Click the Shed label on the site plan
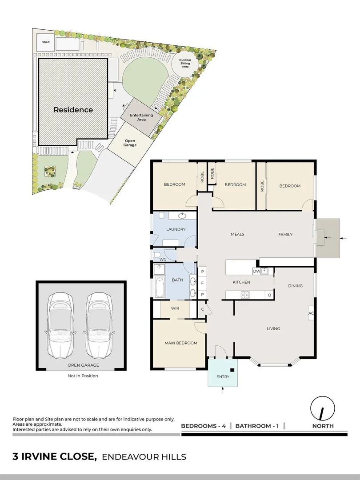pyautogui.click(x=46, y=42)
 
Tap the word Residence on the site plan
pyautogui.click(x=73, y=110)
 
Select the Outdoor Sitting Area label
pyautogui.click(x=185, y=64)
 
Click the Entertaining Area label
pyautogui.click(x=141, y=117)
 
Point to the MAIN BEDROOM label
pyautogui.click(x=180, y=343)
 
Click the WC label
pyautogui.click(x=163, y=259)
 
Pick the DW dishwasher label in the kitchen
pyautogui.click(x=256, y=271)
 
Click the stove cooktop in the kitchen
pyautogui.click(x=245, y=294)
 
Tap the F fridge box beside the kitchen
pyautogui.click(x=203, y=283)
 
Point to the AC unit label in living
pyautogui.click(x=311, y=313)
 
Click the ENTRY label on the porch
pyautogui.click(x=222, y=376)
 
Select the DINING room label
pyautogui.click(x=295, y=286)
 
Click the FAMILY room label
pyautogui.click(x=285, y=234)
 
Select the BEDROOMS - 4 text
pyautogui.click(x=204, y=426)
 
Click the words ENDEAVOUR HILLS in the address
pyautogui.click(x=144, y=457)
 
